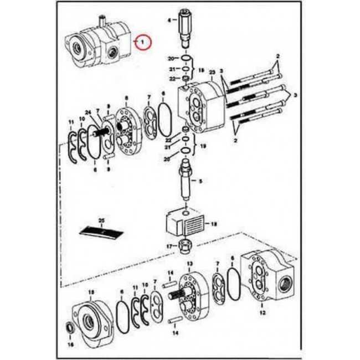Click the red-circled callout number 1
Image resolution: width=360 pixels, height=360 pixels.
pos(143,41)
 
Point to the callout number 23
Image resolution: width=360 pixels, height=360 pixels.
pos(212,72)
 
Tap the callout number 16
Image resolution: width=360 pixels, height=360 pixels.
pos(70,344)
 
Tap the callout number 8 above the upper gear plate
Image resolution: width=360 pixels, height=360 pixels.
pos(126,98)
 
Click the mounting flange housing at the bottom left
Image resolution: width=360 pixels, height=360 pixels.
pos(91,320)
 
